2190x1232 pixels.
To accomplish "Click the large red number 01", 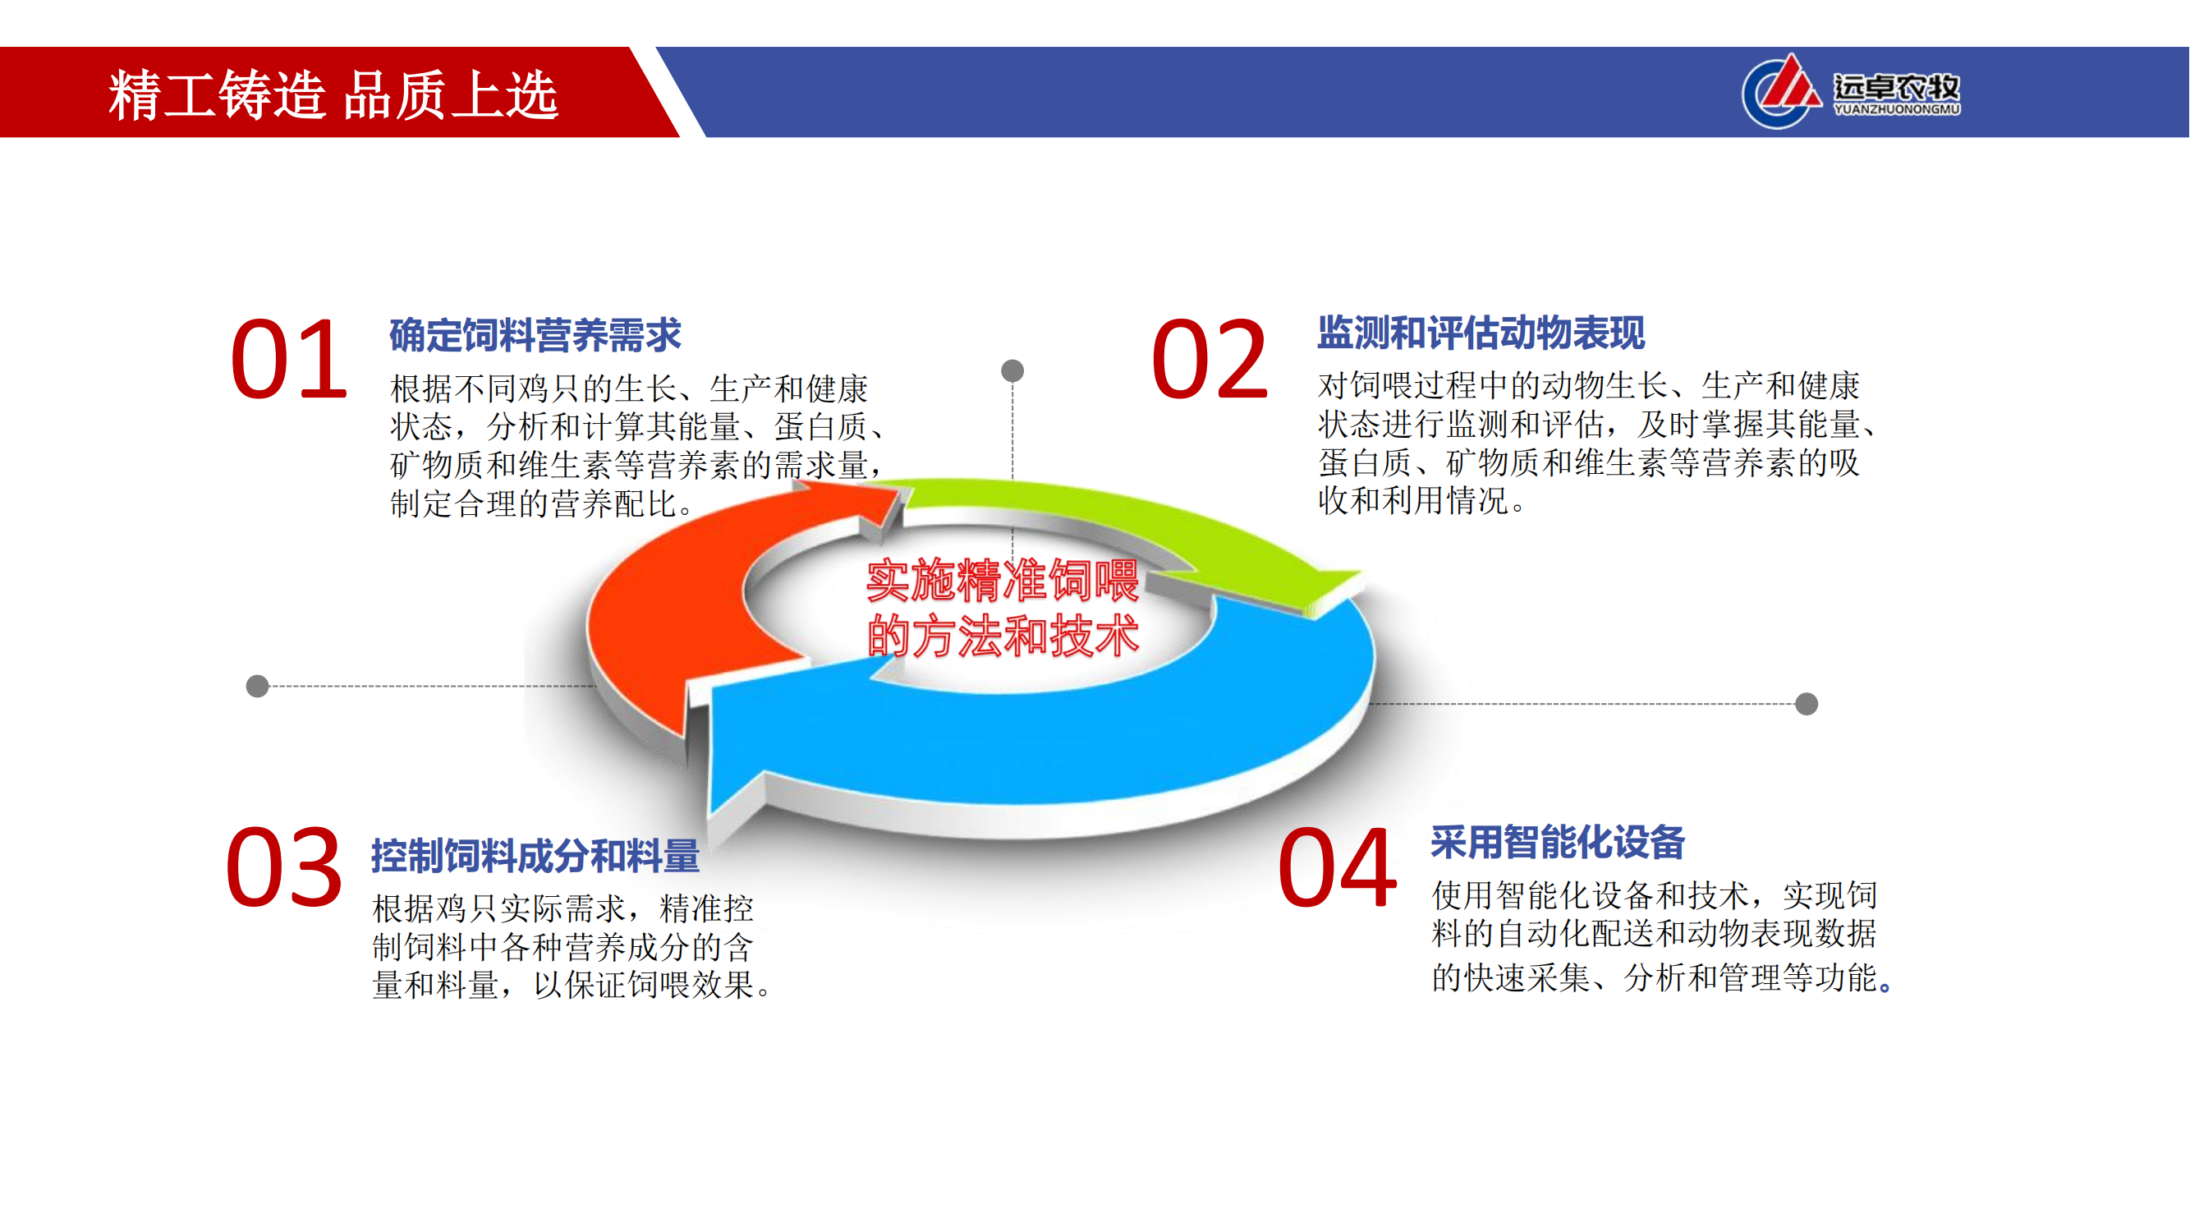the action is pyautogui.click(x=289, y=359).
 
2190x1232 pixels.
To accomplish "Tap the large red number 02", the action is pyautogui.click(x=1210, y=359).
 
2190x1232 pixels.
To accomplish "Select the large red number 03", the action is pyautogui.click(x=284, y=867).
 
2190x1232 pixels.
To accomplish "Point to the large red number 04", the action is pyautogui.click(x=1338, y=868).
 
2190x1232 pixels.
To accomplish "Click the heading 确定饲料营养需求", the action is pyautogui.click(x=535, y=335).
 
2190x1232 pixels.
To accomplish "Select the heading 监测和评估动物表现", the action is pyautogui.click(x=1482, y=333).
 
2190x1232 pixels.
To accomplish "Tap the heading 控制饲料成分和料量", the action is pyautogui.click(x=535, y=855).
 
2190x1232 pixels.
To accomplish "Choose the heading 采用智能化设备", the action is pyautogui.click(x=1559, y=842).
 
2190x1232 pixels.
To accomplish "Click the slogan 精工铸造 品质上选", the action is pyautogui.click(x=333, y=94).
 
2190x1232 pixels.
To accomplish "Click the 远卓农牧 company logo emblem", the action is pyautogui.click(x=1782, y=92).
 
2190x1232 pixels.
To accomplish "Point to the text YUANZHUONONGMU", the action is pyautogui.click(x=1897, y=110).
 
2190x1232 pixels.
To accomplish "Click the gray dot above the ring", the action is pyautogui.click(x=1012, y=370).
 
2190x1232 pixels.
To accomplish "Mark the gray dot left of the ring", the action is pyautogui.click(x=258, y=686).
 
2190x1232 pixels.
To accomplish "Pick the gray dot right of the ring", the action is pyautogui.click(x=1807, y=704).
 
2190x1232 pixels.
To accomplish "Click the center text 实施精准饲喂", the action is pyautogui.click(x=1003, y=581).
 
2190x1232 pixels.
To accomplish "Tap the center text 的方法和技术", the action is pyautogui.click(x=1003, y=635).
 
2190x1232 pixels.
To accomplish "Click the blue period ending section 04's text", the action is pyautogui.click(x=1885, y=987).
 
